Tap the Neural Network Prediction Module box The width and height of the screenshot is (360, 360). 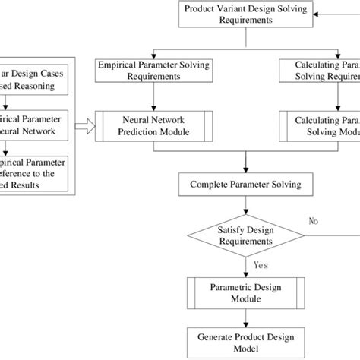[154, 126]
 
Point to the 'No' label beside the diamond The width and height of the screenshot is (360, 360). [314, 222]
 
